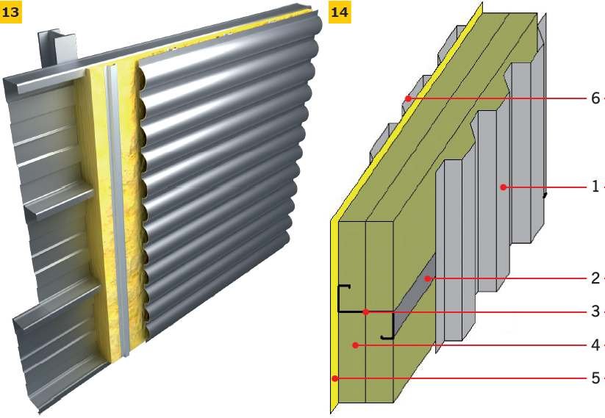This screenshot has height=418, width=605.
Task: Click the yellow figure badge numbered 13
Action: pyautogui.click(x=10, y=12)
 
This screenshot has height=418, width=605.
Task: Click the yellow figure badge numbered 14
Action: pyautogui.click(x=340, y=12)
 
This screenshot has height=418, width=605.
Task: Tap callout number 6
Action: pyautogui.click(x=595, y=98)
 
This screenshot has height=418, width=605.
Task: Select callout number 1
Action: pyautogui.click(x=595, y=187)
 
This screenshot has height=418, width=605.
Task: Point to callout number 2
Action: pyautogui.click(x=595, y=278)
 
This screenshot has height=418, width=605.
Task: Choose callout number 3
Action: pyautogui.click(x=595, y=311)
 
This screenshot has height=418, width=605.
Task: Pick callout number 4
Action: pyautogui.click(x=595, y=345)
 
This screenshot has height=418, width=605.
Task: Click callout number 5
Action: pyautogui.click(x=595, y=378)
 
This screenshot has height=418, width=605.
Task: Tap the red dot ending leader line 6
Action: pyautogui.click(x=408, y=98)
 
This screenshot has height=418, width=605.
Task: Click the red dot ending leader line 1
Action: pyautogui.click(x=503, y=187)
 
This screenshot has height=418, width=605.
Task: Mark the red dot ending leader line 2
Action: pyautogui.click(x=428, y=278)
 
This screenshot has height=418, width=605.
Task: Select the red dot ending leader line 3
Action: pyautogui.click(x=366, y=311)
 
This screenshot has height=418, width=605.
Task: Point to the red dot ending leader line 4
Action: pyautogui.click(x=355, y=345)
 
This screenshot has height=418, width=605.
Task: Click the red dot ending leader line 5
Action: pyautogui.click(x=335, y=378)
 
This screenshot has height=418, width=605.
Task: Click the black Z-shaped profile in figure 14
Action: pyautogui.click(x=365, y=311)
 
